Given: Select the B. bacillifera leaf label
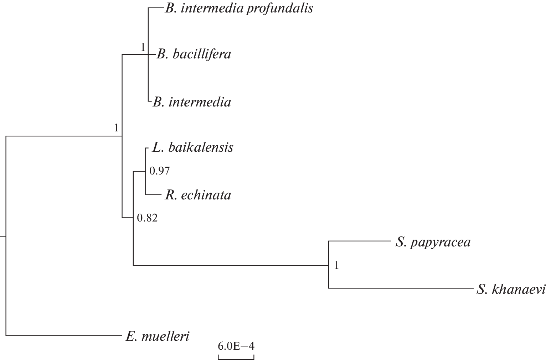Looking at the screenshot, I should click(194, 54).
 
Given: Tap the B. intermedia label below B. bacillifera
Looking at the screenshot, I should click(192, 103).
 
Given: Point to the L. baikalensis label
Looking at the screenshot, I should click(193, 147).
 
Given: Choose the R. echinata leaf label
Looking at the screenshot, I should click(198, 195).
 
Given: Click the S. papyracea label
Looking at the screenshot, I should click(433, 242).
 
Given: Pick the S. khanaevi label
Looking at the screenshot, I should click(511, 290).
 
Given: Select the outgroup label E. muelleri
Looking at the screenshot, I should click(157, 336).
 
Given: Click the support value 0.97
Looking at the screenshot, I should click(159, 171).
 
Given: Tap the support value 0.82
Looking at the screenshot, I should click(147, 218).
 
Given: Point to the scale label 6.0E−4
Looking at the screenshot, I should click(236, 346).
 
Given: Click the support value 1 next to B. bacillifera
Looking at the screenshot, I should click(143, 47).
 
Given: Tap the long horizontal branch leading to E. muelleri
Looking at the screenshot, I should click(64, 335).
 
